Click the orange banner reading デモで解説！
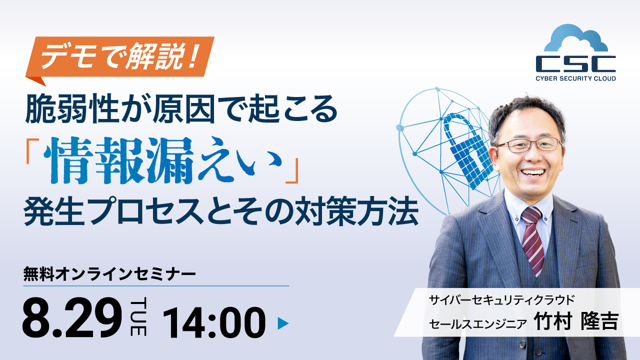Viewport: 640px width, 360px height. (x=120, y=57)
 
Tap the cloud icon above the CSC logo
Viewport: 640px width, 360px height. (x=575, y=38)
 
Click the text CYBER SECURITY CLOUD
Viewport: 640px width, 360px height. (x=575, y=78)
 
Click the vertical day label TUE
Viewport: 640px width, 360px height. (x=138, y=316)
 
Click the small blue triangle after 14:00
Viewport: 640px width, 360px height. (x=283, y=323)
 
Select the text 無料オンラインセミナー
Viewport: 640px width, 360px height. (x=109, y=274)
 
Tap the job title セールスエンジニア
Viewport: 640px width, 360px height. (x=477, y=323)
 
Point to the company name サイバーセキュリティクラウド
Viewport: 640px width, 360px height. (x=501, y=300)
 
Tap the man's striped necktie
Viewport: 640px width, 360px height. (x=532, y=240)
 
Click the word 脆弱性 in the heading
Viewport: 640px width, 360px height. (x=72, y=108)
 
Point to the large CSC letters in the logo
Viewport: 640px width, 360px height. (x=575, y=64)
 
